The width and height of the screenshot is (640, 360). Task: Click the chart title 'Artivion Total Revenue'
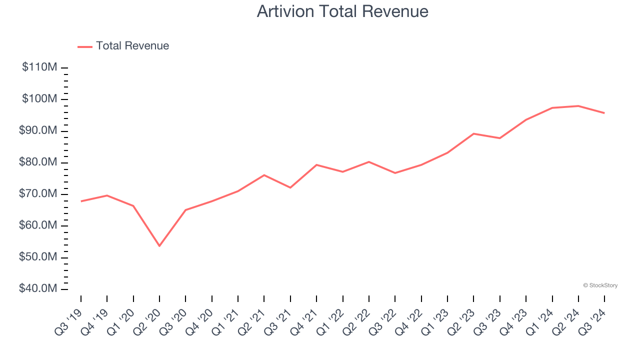[342, 11]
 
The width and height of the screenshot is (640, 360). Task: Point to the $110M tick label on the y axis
[39, 67]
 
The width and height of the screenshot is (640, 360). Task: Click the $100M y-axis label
[39, 99]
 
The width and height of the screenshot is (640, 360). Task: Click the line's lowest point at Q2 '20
[159, 245]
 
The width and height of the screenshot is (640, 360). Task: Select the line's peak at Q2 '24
[578, 106]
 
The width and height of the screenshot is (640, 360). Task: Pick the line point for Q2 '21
[264, 175]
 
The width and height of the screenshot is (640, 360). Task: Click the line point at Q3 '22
[395, 173]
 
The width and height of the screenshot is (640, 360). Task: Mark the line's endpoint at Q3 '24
[604, 113]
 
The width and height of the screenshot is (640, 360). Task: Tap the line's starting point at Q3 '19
[81, 201]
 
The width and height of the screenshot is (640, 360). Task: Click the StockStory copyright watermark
[600, 285]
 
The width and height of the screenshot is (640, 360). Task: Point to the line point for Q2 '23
[473, 133]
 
